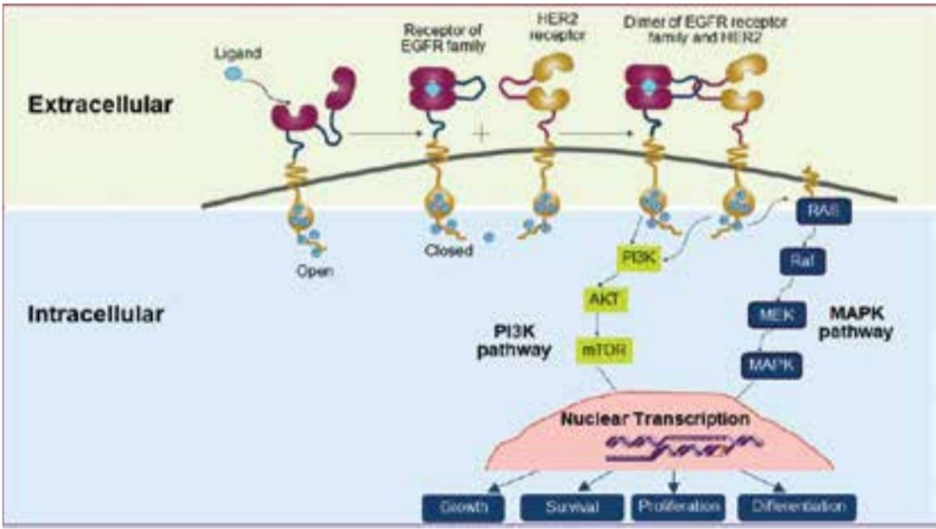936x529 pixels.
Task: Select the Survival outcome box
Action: (571, 507)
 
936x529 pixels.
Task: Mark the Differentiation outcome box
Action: (798, 507)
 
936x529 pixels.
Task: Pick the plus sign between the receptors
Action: (481, 132)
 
